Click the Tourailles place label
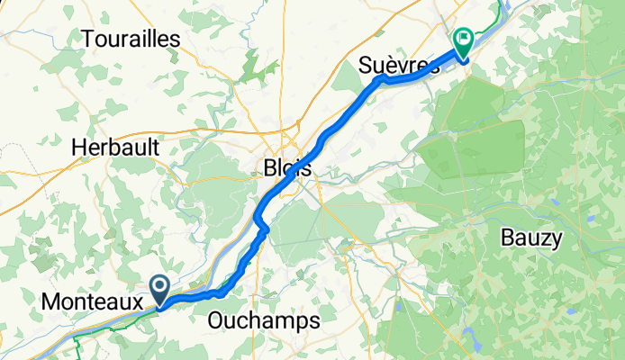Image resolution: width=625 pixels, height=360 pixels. [131, 39]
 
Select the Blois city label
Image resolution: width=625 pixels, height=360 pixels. [288, 167]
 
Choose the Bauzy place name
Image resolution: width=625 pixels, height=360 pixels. [531, 238]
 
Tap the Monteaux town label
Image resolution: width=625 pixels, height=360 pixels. [91, 304]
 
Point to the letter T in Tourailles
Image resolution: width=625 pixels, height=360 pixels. [88, 39]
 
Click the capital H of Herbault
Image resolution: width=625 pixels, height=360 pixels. [78, 147]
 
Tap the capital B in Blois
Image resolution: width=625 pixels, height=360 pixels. [271, 167]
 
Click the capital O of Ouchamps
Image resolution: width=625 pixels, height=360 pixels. [216, 319]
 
